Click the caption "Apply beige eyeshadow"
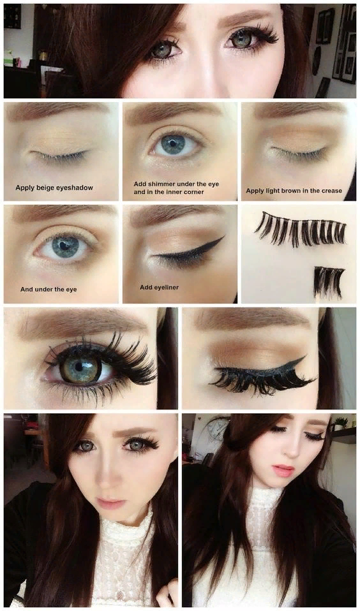pos(54,188)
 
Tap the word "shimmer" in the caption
pos(163,184)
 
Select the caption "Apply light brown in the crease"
pos(294,191)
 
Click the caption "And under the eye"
pos(49,290)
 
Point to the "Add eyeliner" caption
pos(159,287)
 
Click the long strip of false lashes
pos(301,229)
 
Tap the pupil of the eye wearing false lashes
pos(80,366)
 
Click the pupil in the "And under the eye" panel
pos(64,244)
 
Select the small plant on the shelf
pos(340,422)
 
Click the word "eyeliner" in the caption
pos(166,287)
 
